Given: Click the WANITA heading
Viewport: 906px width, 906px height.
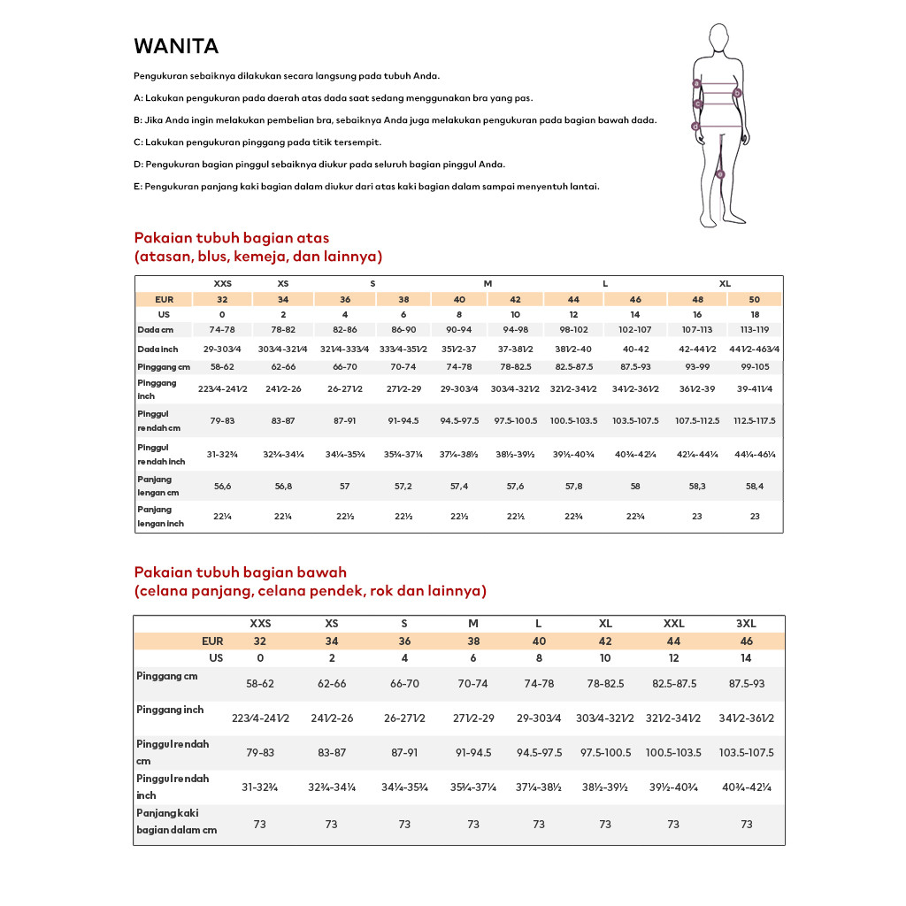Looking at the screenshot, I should click(x=176, y=46).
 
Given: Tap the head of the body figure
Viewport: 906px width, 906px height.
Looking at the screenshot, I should click(x=720, y=40).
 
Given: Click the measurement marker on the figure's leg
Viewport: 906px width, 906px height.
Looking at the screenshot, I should click(x=720, y=174).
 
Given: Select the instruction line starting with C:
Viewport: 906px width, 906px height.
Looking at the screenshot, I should click(x=257, y=142).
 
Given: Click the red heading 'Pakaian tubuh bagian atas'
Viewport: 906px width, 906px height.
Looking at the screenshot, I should click(x=231, y=238).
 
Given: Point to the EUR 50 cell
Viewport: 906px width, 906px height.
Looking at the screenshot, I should click(x=755, y=299).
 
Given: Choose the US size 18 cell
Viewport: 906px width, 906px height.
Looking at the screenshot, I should click(x=755, y=314).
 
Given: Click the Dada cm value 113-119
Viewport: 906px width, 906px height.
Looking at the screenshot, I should click(x=755, y=330).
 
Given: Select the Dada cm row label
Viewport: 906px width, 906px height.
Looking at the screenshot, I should click(x=154, y=330).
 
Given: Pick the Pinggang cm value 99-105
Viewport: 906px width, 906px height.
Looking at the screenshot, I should click(x=755, y=366).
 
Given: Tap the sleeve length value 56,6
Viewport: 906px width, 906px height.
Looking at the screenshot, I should click(x=222, y=487).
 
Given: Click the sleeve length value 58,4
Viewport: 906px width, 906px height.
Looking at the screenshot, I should click(x=755, y=487).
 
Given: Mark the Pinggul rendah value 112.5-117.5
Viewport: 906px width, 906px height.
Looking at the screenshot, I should click(x=755, y=421).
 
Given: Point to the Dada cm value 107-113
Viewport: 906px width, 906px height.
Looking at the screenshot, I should click(x=697, y=330).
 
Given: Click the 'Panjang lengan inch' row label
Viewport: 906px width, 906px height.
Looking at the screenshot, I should click(x=160, y=517).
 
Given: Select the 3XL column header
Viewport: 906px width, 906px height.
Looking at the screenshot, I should click(x=746, y=624).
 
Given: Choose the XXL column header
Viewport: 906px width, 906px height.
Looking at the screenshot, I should click(x=673, y=624).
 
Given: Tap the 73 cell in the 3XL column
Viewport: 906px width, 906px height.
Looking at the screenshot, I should click(x=746, y=824).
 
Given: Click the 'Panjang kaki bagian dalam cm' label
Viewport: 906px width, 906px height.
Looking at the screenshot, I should click(x=176, y=821).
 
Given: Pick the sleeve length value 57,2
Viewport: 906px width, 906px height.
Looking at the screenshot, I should click(x=403, y=487).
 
